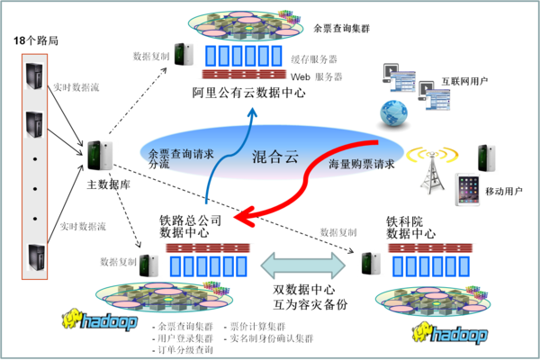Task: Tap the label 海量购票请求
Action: click(360, 165)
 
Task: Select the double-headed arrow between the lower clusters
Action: click(302, 265)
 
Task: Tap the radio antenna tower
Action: click(431, 170)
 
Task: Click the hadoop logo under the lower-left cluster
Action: click(100, 319)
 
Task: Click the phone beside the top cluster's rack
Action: click(184, 54)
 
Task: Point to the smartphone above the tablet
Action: click(487, 155)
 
